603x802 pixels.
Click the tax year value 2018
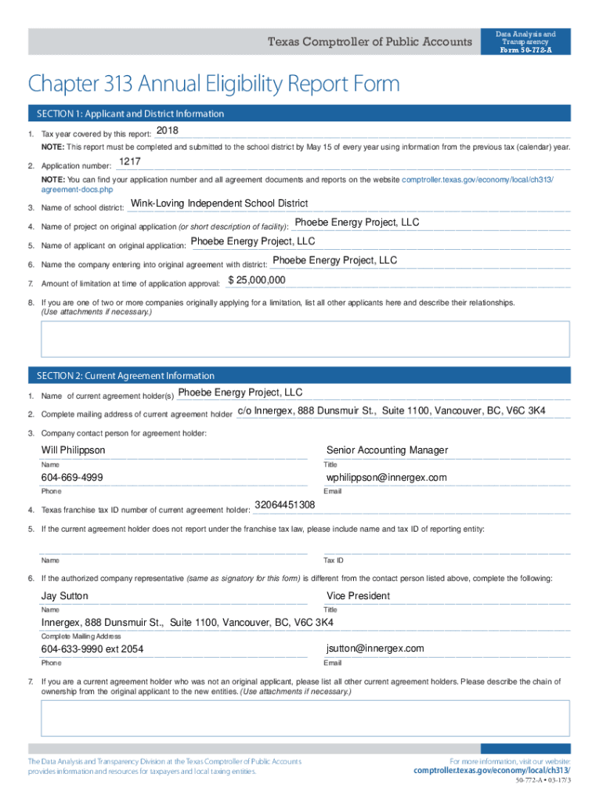168,130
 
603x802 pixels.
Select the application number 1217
129,162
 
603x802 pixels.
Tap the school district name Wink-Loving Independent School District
219,204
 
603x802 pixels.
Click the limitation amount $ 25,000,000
257,280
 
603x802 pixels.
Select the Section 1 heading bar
298,114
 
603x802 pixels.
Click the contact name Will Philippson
73,450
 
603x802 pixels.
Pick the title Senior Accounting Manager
387,450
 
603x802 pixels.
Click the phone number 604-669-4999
72,478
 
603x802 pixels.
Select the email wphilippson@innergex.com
387,478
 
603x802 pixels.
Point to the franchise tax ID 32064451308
285,505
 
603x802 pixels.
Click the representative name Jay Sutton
65,596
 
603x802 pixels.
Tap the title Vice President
358,596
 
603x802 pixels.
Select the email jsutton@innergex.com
375,648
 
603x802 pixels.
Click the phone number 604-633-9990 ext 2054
92,649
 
